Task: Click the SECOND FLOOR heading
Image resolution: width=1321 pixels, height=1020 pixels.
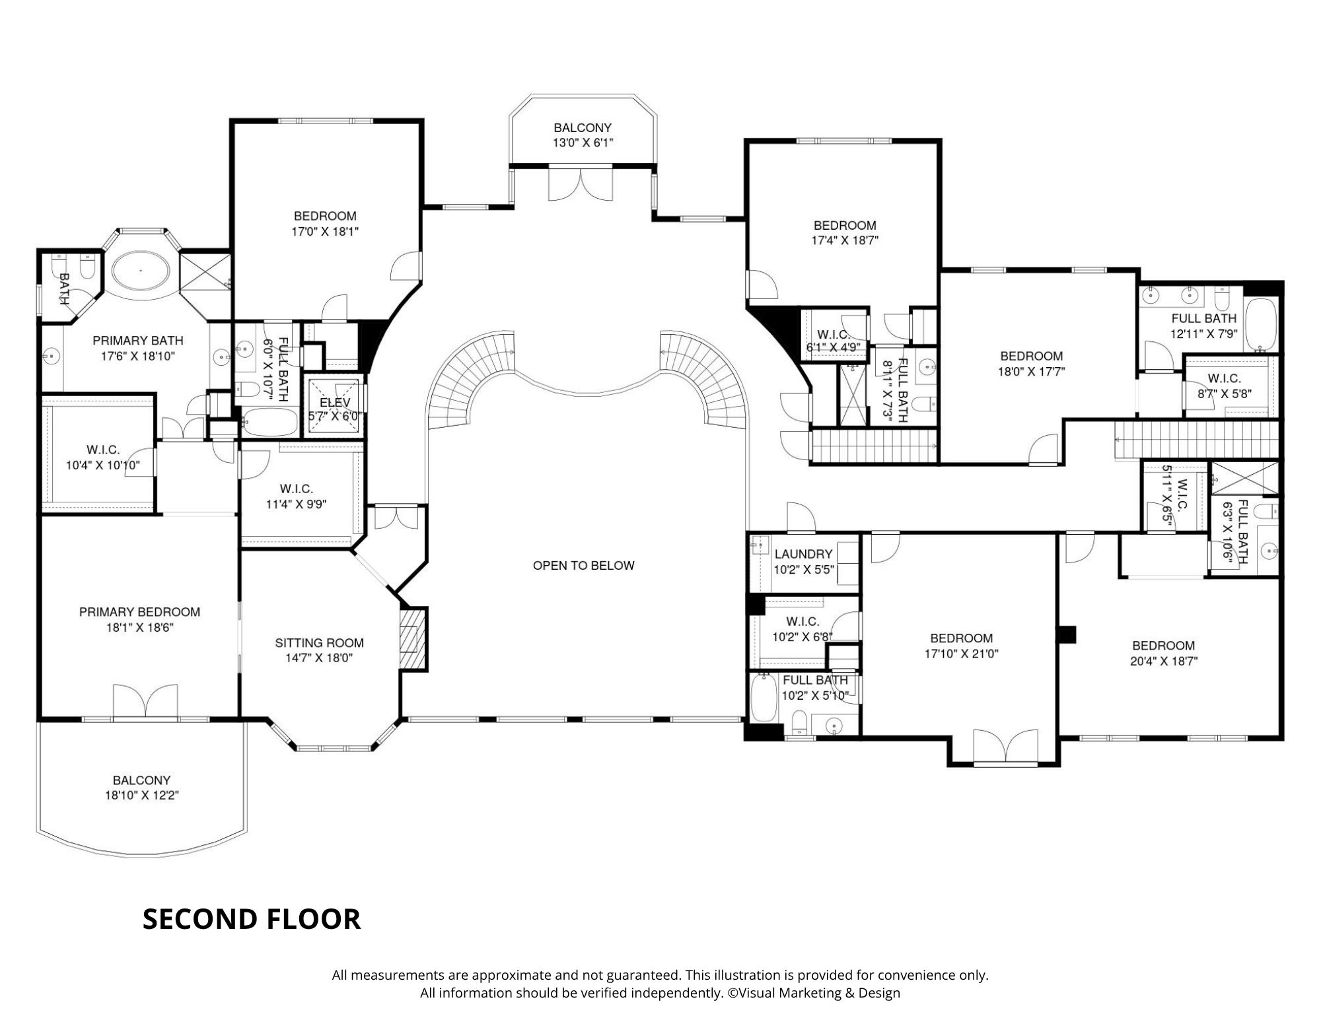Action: [x=252, y=919]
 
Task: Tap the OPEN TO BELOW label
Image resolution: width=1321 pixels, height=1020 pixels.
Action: [x=583, y=565]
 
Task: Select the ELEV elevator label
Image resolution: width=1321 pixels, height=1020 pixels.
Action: [x=335, y=403]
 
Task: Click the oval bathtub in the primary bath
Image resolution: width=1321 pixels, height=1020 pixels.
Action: [x=141, y=270]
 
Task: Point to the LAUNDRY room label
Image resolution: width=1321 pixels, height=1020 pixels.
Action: [x=803, y=554]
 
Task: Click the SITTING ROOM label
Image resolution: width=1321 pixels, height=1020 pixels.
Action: [x=319, y=642]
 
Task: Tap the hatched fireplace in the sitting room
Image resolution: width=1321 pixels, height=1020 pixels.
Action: [x=413, y=639]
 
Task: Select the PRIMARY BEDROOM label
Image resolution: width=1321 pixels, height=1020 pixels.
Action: [x=139, y=612]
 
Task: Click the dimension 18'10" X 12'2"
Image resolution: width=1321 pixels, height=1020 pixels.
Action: [x=141, y=796]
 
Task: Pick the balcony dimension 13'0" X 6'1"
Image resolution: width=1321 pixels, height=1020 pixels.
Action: [x=583, y=142]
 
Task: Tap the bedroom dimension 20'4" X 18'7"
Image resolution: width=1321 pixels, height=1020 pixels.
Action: [x=1163, y=661]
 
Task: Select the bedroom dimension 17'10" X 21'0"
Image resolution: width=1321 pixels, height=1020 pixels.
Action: [x=961, y=654]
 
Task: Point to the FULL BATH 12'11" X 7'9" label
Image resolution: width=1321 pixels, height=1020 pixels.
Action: [x=1203, y=326]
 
